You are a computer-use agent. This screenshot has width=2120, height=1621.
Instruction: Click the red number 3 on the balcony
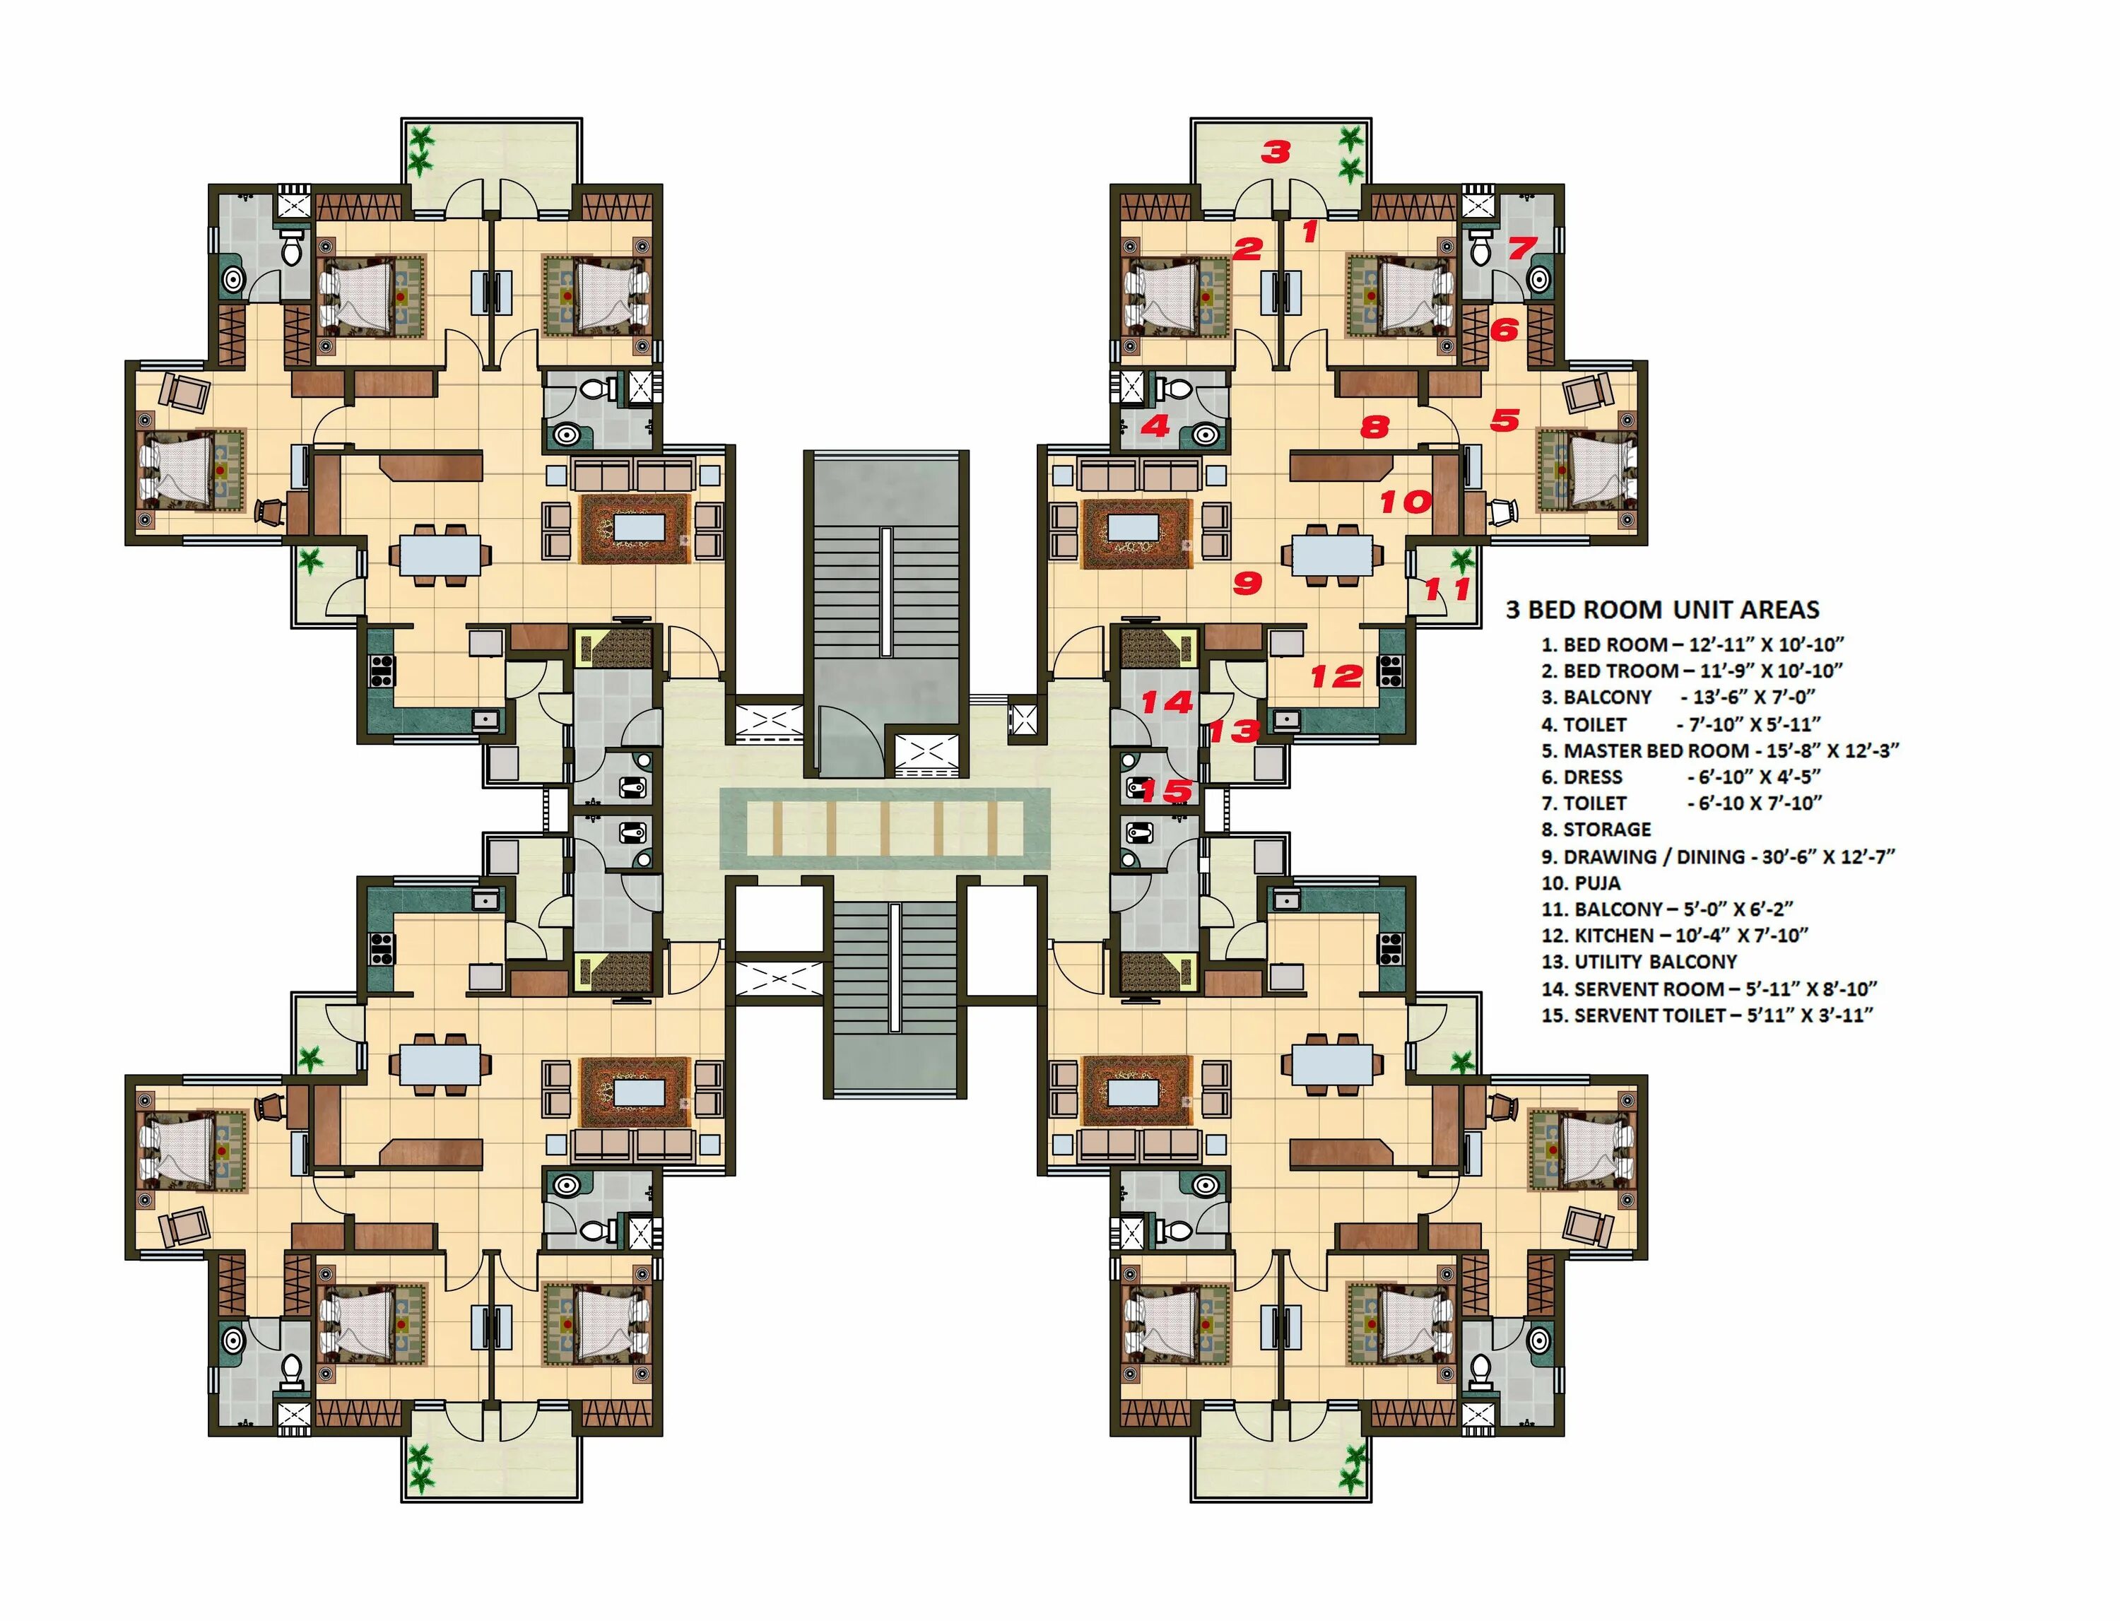click(x=1276, y=151)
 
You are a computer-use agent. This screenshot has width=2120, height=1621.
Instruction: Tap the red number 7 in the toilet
click(x=1521, y=248)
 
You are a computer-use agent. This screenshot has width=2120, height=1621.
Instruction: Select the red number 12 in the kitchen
click(x=1336, y=676)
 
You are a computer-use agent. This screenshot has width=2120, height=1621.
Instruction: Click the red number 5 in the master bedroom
click(x=1505, y=420)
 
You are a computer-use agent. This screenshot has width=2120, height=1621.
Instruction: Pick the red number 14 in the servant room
click(x=1167, y=702)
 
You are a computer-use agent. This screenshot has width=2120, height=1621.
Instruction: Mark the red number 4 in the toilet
click(x=1155, y=425)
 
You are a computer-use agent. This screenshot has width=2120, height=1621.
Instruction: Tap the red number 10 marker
click(x=1405, y=502)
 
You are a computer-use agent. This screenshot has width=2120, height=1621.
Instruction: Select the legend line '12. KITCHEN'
click(x=1674, y=935)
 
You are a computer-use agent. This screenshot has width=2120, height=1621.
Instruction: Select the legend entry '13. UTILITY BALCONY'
click(x=1639, y=962)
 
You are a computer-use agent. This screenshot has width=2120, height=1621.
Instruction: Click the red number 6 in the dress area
click(x=1504, y=330)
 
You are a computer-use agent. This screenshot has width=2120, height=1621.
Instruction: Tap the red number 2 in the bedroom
click(x=1248, y=249)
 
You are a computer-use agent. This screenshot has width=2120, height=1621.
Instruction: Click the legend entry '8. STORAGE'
click(x=1596, y=830)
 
